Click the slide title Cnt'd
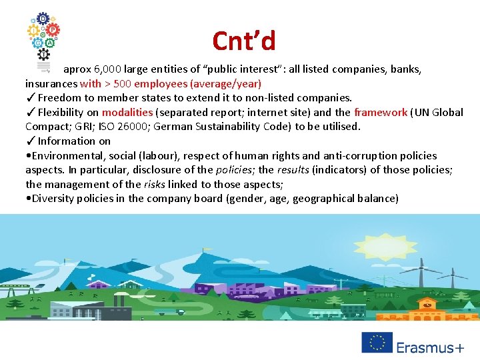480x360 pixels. (243, 41)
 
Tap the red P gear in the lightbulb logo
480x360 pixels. (53, 30)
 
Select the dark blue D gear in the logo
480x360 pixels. (43, 19)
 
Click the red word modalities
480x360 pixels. (127, 112)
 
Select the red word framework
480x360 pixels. (380, 112)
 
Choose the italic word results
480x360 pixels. (294, 170)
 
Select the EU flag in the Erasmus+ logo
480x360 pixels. (377, 343)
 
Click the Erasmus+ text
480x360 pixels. (430, 347)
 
